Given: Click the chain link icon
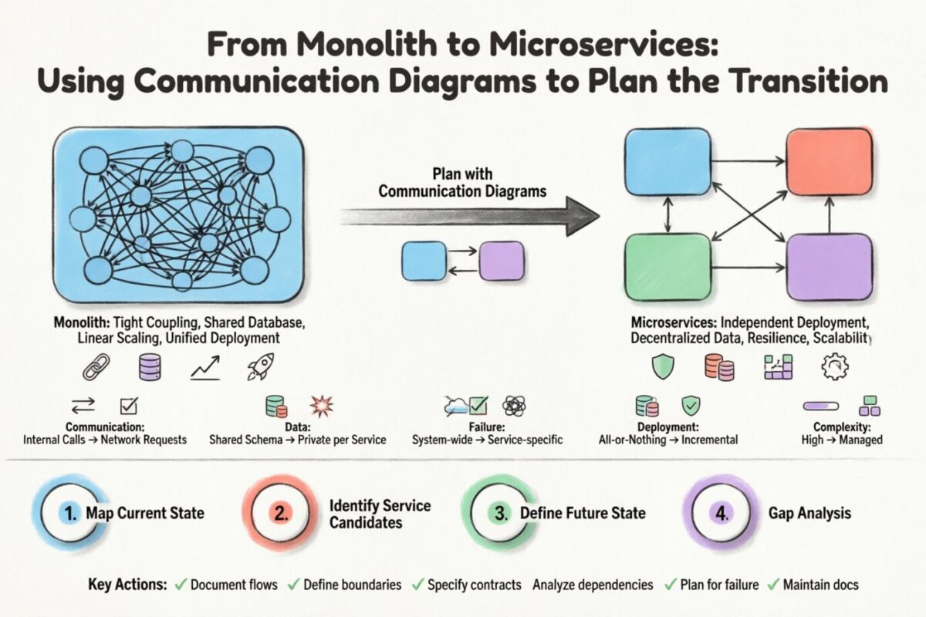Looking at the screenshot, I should (95, 368).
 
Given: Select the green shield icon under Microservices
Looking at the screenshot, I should (662, 366).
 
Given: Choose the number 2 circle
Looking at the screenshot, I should (281, 513).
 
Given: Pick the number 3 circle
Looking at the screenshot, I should (502, 513).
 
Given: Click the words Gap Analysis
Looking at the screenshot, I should (809, 513).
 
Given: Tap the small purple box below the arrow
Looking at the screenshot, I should (501, 261).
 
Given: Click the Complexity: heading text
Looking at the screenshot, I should (842, 426).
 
